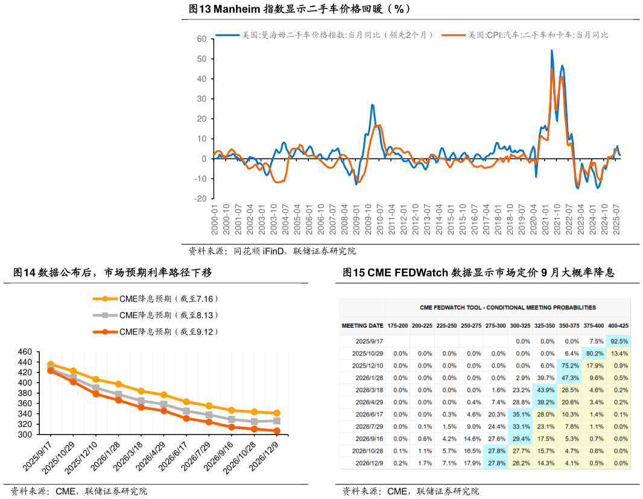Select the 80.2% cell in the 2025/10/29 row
595,353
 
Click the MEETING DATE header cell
362,325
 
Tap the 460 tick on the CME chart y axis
25,352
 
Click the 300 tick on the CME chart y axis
25,435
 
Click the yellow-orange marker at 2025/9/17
50,365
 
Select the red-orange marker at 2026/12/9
277,431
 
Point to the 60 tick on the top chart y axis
201,39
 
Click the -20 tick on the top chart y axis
200,199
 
